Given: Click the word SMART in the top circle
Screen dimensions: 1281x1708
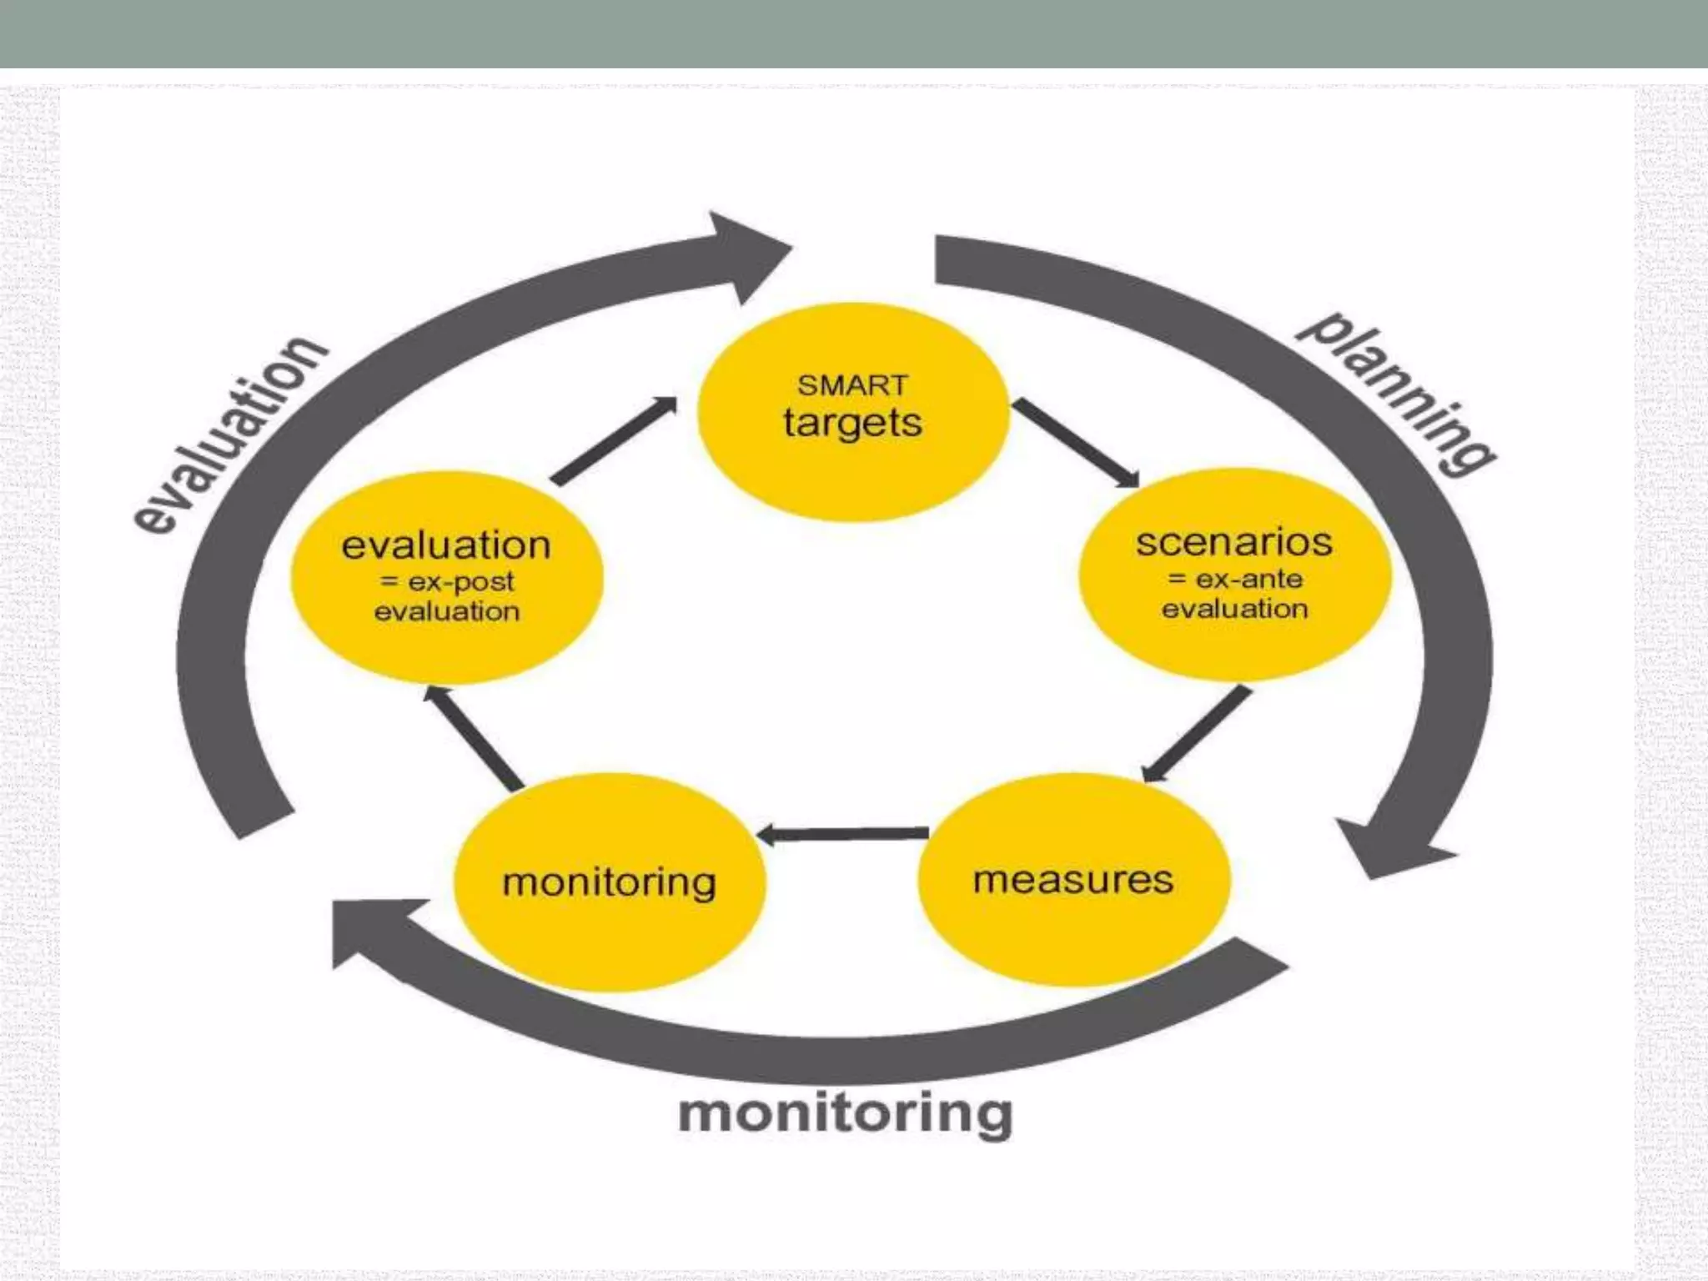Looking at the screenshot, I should click(851, 385).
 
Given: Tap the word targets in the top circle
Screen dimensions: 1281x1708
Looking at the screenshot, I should click(852, 423).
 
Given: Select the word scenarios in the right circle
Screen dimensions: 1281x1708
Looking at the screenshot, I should click(1233, 543).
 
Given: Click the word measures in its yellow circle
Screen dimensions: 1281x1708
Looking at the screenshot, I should click(1073, 880).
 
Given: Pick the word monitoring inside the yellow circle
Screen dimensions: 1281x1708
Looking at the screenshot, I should click(609, 882).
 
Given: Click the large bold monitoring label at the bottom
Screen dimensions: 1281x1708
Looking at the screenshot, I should click(845, 1113).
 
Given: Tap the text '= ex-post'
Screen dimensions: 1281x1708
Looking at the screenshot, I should click(447, 581).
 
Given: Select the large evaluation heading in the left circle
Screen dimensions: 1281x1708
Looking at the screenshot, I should click(446, 545).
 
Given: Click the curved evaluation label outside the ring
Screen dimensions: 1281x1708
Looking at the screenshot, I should click(229, 434).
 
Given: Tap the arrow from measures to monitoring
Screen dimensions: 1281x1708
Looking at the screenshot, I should click(844, 833).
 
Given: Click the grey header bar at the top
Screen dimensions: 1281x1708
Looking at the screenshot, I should click(854, 33).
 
